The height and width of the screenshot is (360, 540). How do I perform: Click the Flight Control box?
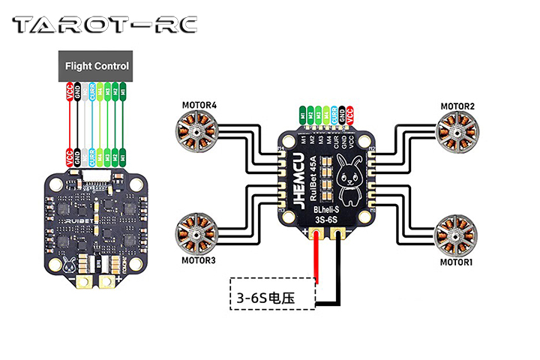[97, 66]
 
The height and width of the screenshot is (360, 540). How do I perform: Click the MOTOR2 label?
[457, 106]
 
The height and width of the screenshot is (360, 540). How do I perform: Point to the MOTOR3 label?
[199, 260]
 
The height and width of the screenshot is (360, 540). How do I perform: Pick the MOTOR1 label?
[457, 263]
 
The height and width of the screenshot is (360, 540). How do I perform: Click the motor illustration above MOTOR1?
[456, 232]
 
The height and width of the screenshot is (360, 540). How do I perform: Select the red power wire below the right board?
[318, 259]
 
